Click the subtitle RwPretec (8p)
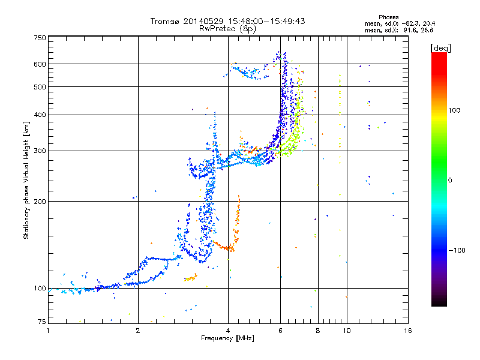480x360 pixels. (x=227, y=29)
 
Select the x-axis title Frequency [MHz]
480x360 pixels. (x=227, y=338)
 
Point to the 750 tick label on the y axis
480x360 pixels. (x=40, y=38)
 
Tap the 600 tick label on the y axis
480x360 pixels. (x=40, y=64)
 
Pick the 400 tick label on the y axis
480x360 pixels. (x=40, y=115)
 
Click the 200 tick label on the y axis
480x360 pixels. (x=40, y=202)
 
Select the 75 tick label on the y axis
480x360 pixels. (x=42, y=322)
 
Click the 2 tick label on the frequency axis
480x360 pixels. (x=138, y=331)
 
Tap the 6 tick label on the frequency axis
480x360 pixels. (x=280, y=331)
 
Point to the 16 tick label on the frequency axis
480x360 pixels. (x=408, y=331)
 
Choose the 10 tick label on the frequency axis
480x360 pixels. (x=347, y=331)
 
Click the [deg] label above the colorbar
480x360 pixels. (x=440, y=49)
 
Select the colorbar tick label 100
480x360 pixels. (x=454, y=110)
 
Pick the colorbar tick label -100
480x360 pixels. (x=457, y=250)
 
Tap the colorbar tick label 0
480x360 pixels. (x=450, y=181)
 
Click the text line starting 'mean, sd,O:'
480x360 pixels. (x=400, y=24)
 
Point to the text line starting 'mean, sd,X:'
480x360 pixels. (x=399, y=31)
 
